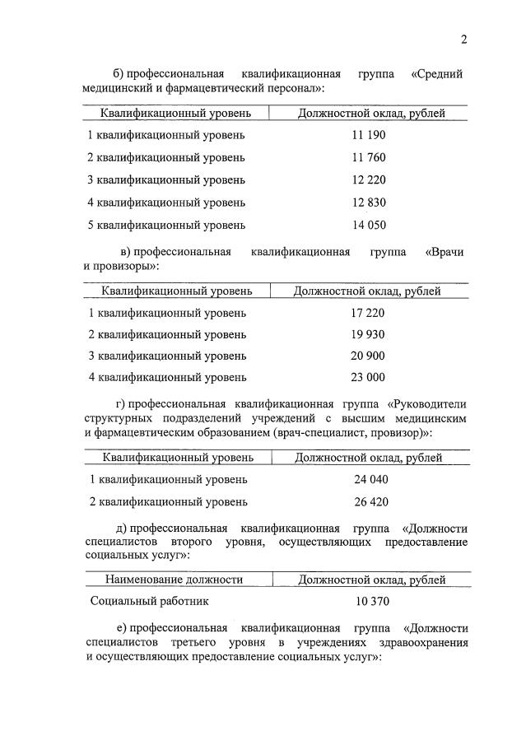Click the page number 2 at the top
click(x=464, y=39)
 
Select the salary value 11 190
click(x=369, y=135)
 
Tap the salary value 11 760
click(x=369, y=157)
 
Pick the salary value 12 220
click(x=369, y=179)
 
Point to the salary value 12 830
click(x=369, y=202)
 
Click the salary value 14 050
click(x=369, y=224)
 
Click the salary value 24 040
click(x=370, y=479)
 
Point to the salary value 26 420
click(x=370, y=501)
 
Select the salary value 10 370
click(x=372, y=602)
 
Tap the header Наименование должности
click(x=174, y=580)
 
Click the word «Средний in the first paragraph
click(x=435, y=74)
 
